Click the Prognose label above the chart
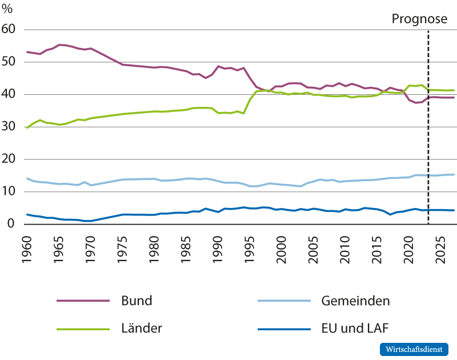(x=419, y=19)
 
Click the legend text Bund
(x=137, y=300)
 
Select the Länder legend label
(x=142, y=328)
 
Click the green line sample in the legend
(x=83, y=329)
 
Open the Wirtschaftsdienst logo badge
(x=414, y=349)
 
